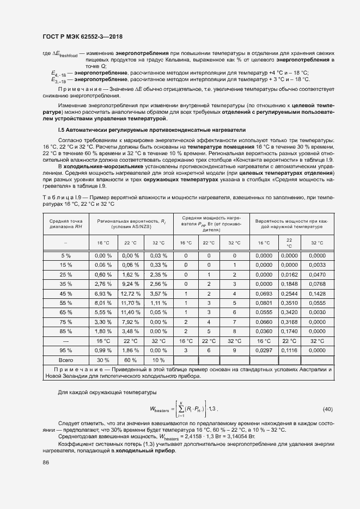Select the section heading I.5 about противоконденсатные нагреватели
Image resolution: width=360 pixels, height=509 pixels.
[x=151, y=130]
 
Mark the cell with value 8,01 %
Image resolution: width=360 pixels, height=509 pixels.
[x=103, y=303]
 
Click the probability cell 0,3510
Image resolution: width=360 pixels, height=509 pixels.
[x=289, y=303]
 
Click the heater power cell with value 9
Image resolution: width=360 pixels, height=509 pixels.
[x=234, y=350]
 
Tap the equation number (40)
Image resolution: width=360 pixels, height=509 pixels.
[x=328, y=408]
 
